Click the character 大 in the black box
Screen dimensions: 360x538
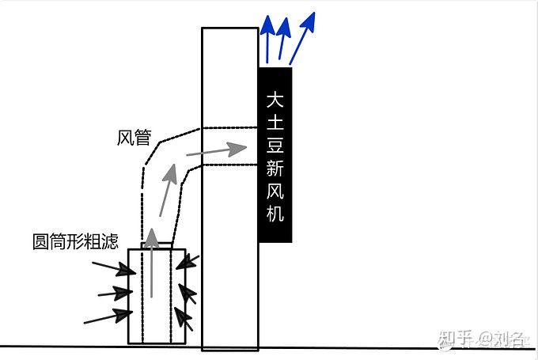point(275,100)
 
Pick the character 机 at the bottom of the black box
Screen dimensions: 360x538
point(275,214)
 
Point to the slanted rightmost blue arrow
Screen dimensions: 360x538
point(303,37)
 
